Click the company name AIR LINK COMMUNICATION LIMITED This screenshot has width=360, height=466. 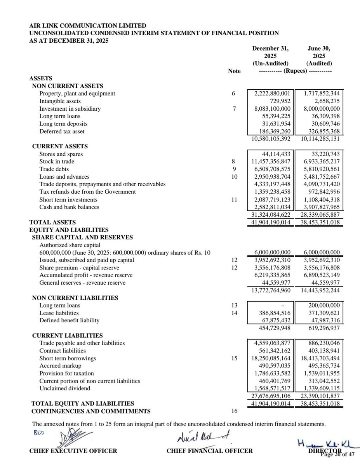click(88, 26)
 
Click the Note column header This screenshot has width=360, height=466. click(235, 71)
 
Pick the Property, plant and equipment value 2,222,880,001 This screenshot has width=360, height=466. click(272, 94)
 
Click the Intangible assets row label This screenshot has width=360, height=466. click(60, 101)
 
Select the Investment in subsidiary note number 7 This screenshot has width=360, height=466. click(234, 109)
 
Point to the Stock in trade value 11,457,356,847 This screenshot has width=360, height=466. click(270, 162)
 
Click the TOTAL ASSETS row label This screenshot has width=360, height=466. click(52, 222)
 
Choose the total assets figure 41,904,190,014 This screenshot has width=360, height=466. click(270, 223)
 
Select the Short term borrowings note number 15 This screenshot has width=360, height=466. click(234, 358)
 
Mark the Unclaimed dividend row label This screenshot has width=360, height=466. click(64, 388)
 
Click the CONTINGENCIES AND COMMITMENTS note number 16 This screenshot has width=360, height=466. click(234, 411)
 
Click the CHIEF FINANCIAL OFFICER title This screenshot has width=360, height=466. click(210, 451)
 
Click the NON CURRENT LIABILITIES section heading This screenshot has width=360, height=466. click(75, 298)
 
